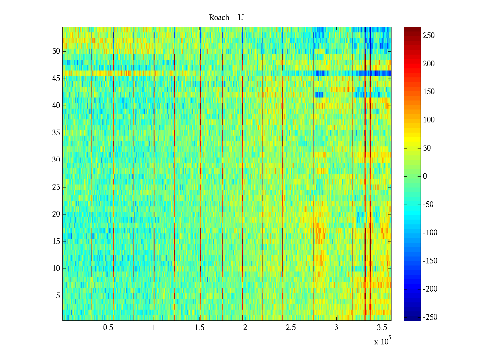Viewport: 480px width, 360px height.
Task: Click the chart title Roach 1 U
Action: [x=226, y=18]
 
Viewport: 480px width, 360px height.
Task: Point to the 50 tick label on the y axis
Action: [x=56, y=51]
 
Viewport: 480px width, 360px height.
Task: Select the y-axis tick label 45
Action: [x=56, y=79]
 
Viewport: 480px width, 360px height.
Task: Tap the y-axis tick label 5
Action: [x=58, y=296]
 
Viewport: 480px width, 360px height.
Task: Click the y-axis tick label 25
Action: [x=56, y=187]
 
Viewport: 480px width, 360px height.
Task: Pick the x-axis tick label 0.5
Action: [x=108, y=327]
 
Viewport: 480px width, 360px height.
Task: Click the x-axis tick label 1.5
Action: [x=199, y=327]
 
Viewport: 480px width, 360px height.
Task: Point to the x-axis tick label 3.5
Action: [x=382, y=327]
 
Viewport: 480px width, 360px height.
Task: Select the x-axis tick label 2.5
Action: [x=291, y=327]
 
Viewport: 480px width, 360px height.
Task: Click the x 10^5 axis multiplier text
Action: [x=382, y=341]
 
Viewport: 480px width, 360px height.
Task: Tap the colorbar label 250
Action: [x=429, y=36]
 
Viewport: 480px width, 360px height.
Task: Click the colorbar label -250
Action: [x=430, y=317]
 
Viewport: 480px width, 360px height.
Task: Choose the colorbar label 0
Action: [x=425, y=176]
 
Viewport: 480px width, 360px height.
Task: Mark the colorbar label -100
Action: [x=430, y=233]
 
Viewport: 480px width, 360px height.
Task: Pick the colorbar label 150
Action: [x=429, y=92]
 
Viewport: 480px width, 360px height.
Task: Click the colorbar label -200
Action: [x=430, y=289]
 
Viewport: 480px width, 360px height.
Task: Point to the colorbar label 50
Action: [x=427, y=148]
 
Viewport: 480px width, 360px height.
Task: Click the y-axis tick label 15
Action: [x=56, y=241]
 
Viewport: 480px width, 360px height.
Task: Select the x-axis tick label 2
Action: [x=245, y=327]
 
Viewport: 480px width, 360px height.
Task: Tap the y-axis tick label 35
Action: [x=56, y=133]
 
